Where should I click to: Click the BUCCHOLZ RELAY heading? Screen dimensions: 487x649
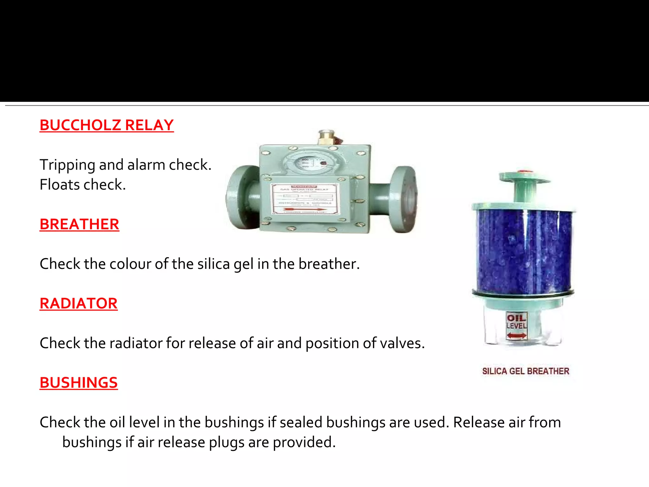(106, 125)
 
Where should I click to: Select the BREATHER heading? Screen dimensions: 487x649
(79, 224)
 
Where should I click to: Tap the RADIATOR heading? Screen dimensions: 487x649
(78, 304)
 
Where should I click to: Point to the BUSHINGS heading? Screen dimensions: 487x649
(79, 383)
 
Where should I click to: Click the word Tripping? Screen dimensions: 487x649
(67, 165)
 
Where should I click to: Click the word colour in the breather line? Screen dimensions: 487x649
(130, 264)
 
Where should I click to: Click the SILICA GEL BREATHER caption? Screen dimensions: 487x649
(525, 371)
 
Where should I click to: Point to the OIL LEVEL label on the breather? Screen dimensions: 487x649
(516, 321)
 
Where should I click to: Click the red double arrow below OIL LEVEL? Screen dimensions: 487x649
(516, 335)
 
